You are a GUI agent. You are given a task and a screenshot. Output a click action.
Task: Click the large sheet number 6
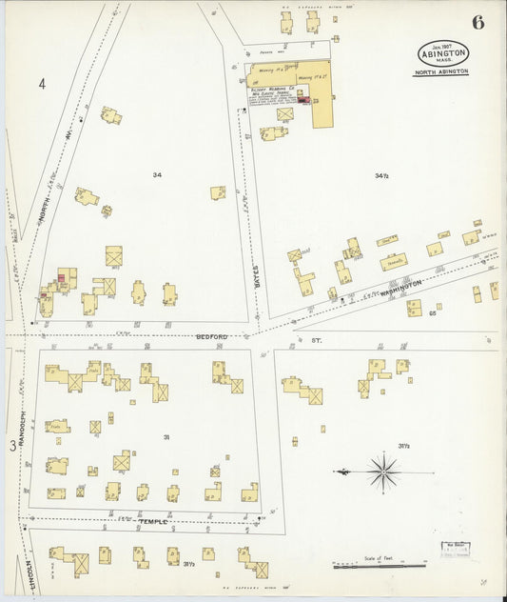477,22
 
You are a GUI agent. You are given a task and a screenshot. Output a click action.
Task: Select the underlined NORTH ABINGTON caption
440,71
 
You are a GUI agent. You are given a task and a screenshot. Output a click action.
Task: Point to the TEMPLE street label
152,521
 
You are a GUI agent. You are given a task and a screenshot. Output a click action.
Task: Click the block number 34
157,175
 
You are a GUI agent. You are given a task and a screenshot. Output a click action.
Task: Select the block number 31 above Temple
166,437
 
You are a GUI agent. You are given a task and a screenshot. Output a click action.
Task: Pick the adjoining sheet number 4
42,85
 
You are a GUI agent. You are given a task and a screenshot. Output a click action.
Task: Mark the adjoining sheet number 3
12,445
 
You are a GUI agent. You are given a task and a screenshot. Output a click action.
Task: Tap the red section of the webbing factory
302,98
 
